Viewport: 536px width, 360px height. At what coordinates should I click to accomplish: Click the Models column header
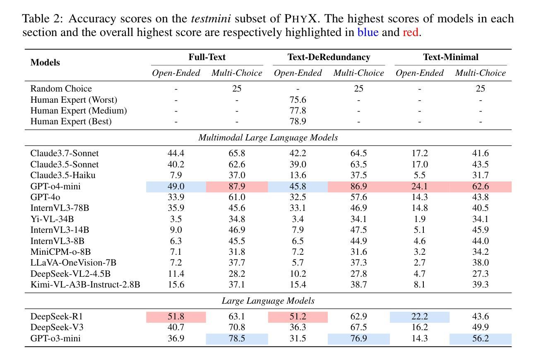[45, 62]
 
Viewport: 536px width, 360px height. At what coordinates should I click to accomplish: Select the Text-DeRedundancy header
[329, 57]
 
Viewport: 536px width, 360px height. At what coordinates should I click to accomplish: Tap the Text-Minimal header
[451, 57]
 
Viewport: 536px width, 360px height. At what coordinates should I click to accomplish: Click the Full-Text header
[207, 57]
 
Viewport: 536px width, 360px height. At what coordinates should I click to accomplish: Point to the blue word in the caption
[368, 32]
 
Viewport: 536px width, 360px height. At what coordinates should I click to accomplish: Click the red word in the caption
[410, 32]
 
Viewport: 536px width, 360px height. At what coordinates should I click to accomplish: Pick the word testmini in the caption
[211, 19]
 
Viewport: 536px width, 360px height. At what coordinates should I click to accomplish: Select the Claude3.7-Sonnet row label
[65, 153]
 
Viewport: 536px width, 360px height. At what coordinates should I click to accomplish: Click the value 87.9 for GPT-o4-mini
[237, 186]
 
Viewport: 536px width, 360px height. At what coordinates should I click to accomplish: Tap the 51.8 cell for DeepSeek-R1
[176, 317]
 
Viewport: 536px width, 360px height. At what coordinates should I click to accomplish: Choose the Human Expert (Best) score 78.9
[298, 121]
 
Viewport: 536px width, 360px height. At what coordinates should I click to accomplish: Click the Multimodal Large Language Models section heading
[268, 138]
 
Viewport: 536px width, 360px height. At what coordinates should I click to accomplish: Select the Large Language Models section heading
[268, 301]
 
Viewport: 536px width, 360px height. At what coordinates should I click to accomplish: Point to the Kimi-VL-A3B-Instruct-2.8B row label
[85, 284]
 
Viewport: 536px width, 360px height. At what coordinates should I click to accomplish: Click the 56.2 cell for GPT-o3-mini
[480, 338]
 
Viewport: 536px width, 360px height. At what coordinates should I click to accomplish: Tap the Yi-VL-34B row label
[52, 219]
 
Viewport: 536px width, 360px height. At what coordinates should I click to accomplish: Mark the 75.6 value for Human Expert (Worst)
[298, 100]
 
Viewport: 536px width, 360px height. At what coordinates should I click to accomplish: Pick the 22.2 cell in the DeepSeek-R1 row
[419, 317]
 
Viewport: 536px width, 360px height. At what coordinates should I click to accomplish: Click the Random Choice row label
[61, 89]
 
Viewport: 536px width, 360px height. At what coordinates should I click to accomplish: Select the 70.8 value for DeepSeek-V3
[237, 327]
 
